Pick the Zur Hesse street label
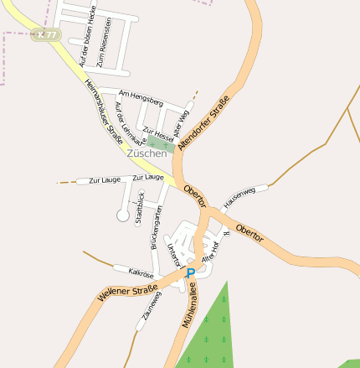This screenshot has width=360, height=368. point(158,134)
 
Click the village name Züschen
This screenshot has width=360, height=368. point(147,153)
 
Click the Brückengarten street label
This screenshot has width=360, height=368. point(156,227)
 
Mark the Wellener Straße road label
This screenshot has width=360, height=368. point(128,294)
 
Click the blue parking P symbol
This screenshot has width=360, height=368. point(190,273)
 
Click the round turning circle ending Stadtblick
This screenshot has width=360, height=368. point(123,215)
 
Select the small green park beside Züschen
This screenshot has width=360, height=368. point(157,143)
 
